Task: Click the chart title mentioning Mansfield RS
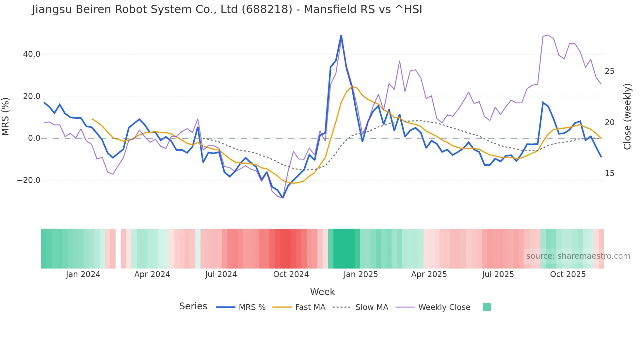point(227,9)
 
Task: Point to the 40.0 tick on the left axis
point(32,54)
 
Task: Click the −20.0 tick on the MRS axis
point(29,180)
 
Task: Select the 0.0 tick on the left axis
point(34,138)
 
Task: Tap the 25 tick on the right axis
point(609,71)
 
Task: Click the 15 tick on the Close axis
point(609,173)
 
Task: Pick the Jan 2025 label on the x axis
point(360,274)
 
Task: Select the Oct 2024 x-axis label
point(291,274)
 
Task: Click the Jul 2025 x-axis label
point(498,274)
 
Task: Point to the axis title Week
point(322,292)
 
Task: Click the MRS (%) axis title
point(6,117)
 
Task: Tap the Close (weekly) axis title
point(627,117)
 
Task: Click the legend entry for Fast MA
point(310,307)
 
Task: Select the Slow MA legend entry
point(372,307)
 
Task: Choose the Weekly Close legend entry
point(444,307)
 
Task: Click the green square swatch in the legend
point(487,307)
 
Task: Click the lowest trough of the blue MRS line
point(283,198)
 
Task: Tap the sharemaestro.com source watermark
point(578,256)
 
